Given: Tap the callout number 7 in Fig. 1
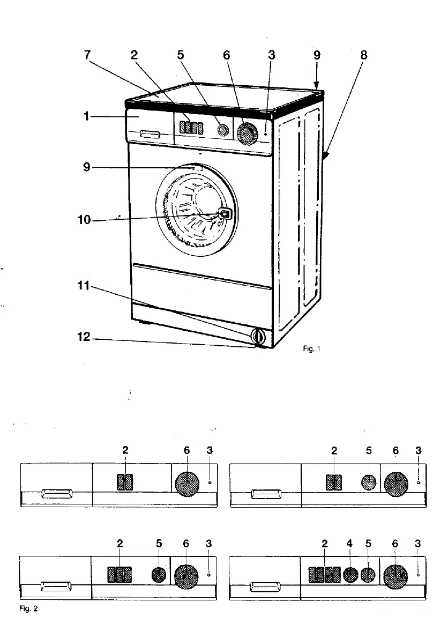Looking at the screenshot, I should tap(88, 55).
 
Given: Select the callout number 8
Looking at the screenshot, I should tap(364, 55).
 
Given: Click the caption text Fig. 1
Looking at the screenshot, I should tap(311, 349).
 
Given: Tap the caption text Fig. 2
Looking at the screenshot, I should tap(31, 609).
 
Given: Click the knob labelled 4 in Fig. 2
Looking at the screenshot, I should tap(350, 575).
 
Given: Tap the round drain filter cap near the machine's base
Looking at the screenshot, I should tap(258, 337).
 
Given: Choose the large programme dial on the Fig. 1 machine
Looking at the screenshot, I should tap(247, 133).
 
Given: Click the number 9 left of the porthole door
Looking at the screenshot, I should tap(85, 168).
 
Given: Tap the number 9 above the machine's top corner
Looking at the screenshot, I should tap(317, 55).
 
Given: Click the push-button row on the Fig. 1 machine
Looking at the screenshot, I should tap(191, 128).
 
